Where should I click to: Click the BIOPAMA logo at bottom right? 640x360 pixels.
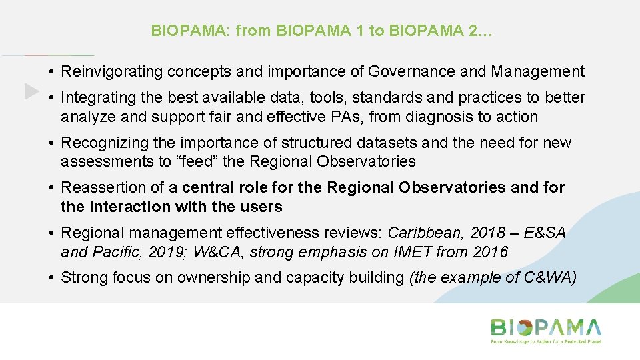546,327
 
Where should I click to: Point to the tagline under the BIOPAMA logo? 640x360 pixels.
546,341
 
